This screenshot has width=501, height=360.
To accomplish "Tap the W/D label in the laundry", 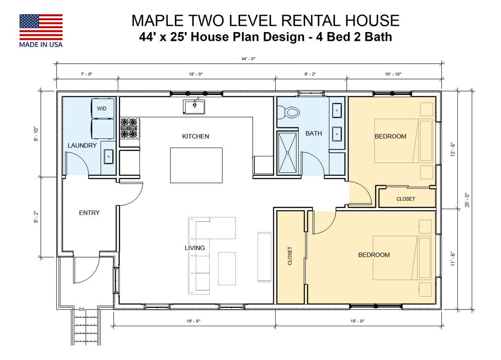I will [x=102, y=108].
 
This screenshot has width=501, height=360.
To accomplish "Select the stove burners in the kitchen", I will [x=129, y=128].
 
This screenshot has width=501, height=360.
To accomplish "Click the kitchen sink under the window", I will [x=194, y=107].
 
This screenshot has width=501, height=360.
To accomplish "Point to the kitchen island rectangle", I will [x=196, y=165].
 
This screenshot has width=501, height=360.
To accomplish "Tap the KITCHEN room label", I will [x=196, y=136].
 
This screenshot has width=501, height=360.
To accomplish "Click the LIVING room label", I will [x=195, y=248].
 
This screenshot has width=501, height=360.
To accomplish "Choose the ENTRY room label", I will [x=89, y=213].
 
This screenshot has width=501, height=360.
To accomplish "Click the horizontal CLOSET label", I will [x=405, y=199].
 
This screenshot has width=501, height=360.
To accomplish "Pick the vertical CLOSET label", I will [x=290, y=256].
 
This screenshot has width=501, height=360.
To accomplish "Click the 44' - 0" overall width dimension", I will [x=248, y=58].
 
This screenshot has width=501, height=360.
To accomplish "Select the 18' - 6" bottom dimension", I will [x=194, y=321].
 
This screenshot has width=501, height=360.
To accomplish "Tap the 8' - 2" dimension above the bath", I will [x=310, y=74].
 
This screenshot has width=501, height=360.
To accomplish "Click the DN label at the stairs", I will [x=81, y=309].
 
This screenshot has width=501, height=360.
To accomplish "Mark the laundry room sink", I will [x=108, y=156].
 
